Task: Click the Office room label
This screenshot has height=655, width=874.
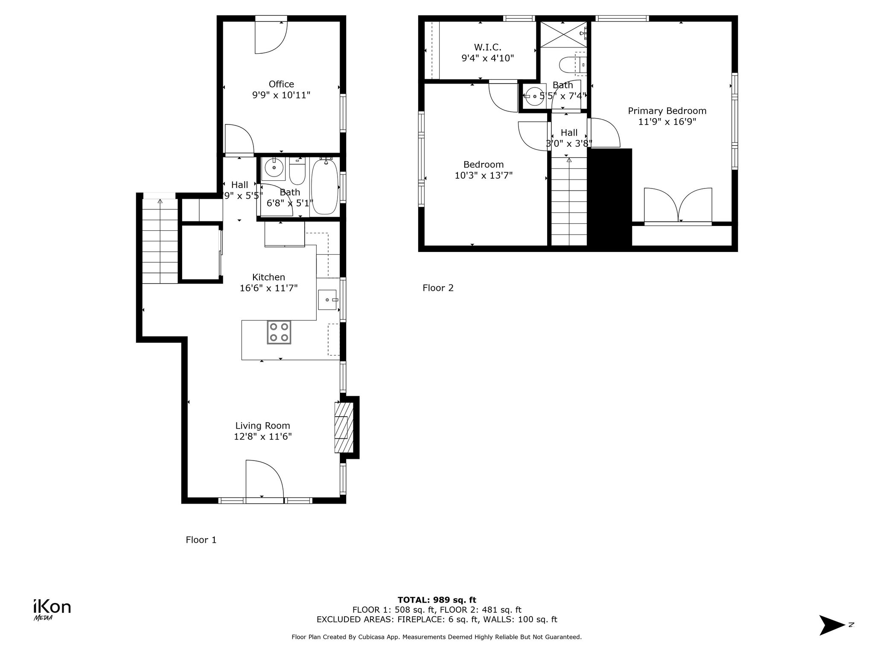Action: [x=281, y=84]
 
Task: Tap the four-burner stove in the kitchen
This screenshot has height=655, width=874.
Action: [x=279, y=332]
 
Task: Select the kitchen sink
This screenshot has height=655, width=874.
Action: [x=328, y=300]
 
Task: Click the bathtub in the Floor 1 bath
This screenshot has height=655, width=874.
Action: [x=325, y=188]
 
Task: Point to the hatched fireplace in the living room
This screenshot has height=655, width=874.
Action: [x=344, y=428]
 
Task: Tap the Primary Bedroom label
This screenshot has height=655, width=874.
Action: [x=667, y=111]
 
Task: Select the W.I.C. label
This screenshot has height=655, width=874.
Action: [x=487, y=47]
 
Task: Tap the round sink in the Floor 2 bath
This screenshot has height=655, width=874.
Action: [x=534, y=96]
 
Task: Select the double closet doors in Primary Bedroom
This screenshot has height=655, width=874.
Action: [x=678, y=206]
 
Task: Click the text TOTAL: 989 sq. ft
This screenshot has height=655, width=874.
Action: [x=437, y=600]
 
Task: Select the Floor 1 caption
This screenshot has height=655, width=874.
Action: [x=201, y=540]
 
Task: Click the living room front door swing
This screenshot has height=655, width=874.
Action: [x=264, y=478]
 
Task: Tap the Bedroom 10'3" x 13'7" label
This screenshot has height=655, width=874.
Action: [x=484, y=170]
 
